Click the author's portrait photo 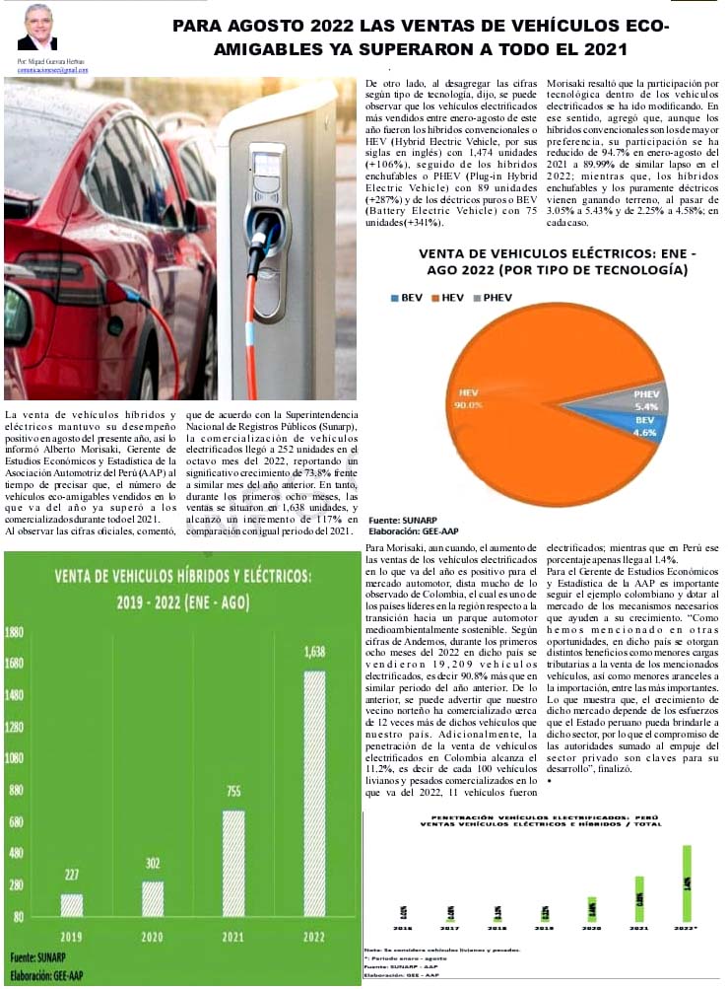(37, 28)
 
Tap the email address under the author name (52, 70)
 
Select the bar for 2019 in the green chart (72, 905)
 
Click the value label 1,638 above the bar (314, 652)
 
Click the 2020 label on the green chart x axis (152, 936)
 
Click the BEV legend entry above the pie (407, 297)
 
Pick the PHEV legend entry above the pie (492, 297)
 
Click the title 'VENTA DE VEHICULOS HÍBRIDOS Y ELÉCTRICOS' (182, 576)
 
